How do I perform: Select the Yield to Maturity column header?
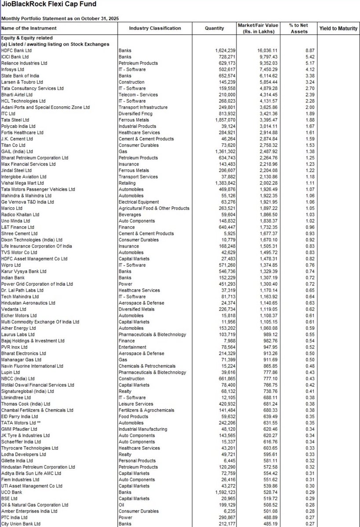(338, 29)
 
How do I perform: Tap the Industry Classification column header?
(155, 29)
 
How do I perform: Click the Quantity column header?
(215, 29)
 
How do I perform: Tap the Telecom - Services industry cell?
(139, 94)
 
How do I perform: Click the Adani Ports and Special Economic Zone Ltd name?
(45, 107)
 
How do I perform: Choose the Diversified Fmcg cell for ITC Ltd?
(135, 114)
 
